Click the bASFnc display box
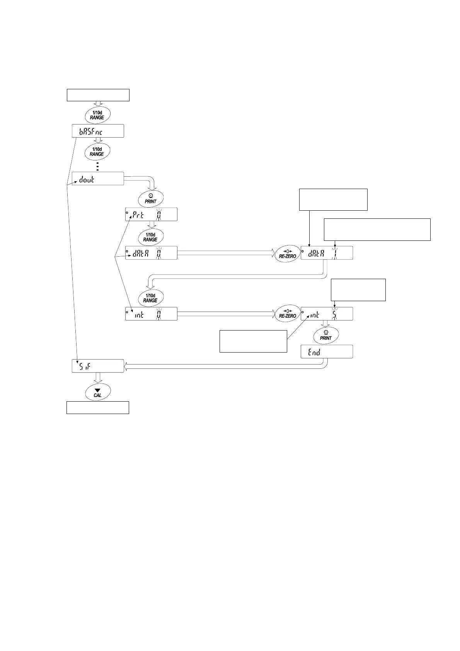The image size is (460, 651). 98,131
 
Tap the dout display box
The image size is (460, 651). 98,179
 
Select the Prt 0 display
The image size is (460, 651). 151,214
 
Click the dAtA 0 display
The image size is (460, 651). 151,252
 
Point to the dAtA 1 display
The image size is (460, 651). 327,252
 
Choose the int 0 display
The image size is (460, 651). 151,314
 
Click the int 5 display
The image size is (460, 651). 327,314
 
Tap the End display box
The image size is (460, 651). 327,351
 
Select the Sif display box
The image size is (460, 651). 98,366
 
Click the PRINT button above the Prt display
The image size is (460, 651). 151,198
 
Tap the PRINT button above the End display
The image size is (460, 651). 326,335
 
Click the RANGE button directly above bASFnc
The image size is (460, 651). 97,115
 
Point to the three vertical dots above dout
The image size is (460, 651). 98,166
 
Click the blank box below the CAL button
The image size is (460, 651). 97,407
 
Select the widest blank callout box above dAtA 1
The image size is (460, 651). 377,229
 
